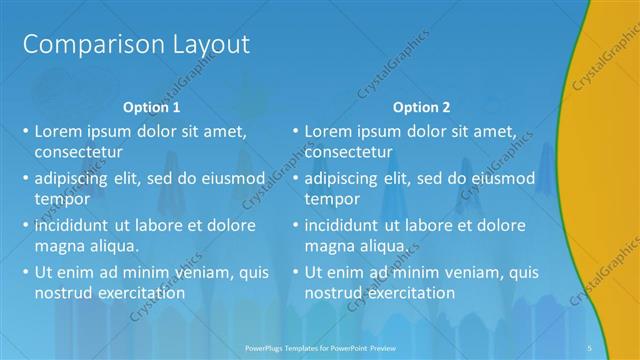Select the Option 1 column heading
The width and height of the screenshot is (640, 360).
click(x=152, y=107)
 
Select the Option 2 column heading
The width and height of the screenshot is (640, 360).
click(x=421, y=107)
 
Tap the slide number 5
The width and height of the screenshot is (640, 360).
click(x=591, y=347)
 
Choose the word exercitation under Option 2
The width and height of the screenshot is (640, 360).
click(x=410, y=293)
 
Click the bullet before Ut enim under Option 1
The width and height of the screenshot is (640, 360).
click(x=24, y=272)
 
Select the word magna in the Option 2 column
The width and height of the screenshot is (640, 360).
click(x=329, y=246)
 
